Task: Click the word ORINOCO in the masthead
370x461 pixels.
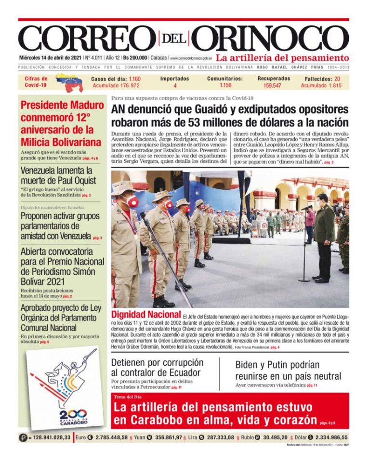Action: tap(273, 38)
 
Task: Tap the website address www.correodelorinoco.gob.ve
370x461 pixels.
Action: tap(191, 58)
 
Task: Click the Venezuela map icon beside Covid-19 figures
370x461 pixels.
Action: tap(69, 82)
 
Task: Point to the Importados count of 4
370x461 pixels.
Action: tap(175, 86)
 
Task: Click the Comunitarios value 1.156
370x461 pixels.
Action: tap(225, 86)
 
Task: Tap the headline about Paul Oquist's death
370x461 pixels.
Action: tap(58, 176)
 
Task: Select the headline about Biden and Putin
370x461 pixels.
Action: tap(288, 370)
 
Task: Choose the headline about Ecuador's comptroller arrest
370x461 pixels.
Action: tap(157, 368)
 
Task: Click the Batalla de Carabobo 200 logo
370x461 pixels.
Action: tap(67, 388)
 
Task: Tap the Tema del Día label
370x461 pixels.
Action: tap(128, 397)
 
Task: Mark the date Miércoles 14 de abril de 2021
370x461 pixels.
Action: tap(50, 58)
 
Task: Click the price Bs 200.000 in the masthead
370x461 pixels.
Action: tap(136, 58)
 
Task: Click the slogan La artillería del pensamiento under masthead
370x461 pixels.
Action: tap(282, 58)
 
